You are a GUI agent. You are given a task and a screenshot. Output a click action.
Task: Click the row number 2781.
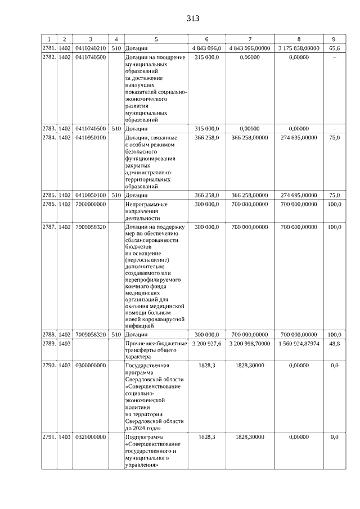click(x=49, y=48)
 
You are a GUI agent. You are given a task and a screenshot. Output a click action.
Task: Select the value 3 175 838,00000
click(x=298, y=48)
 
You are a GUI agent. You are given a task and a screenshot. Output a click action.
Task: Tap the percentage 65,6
click(x=334, y=48)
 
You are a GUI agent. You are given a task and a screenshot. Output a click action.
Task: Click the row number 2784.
click(x=49, y=137)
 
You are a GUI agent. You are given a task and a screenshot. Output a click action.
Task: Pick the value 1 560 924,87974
click(x=298, y=343)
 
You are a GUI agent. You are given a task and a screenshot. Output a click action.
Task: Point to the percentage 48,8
click(x=334, y=343)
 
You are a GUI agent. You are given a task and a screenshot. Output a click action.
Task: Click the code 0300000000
click(x=91, y=366)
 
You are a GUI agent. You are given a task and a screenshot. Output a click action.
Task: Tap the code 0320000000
click(x=91, y=436)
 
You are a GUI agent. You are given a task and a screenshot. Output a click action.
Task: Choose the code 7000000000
click(x=91, y=204)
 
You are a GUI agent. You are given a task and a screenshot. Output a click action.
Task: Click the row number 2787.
click(x=49, y=227)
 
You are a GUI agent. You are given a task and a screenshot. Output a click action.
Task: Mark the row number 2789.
click(x=49, y=343)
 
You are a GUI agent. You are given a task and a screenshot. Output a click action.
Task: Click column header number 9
click(x=334, y=39)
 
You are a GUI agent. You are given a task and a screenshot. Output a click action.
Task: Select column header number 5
click(x=156, y=39)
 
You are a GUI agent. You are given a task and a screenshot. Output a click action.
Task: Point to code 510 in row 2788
click(x=116, y=334)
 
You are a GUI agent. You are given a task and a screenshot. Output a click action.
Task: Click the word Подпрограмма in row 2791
click(x=143, y=436)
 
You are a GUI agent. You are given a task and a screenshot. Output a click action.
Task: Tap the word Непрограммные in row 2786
click(x=145, y=204)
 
